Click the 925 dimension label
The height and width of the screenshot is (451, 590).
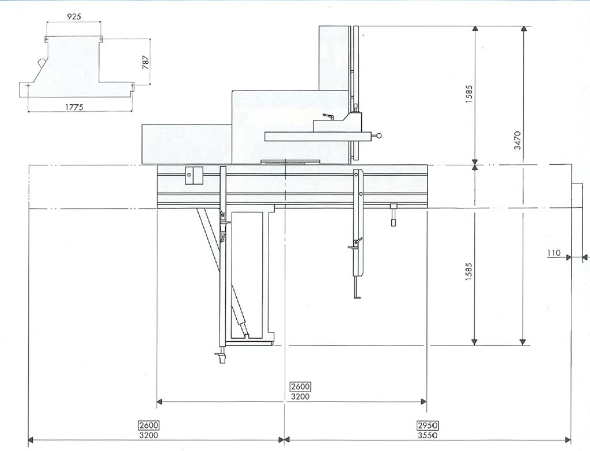click(74, 16)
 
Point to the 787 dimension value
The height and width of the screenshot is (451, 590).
click(146, 62)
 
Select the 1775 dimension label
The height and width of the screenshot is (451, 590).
click(74, 107)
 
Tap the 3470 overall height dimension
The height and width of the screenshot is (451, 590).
click(517, 141)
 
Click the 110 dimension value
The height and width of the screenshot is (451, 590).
click(554, 253)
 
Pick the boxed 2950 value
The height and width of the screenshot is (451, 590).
click(428, 426)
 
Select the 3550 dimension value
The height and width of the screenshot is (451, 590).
click(428, 435)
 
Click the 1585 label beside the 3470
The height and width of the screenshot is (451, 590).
click(469, 95)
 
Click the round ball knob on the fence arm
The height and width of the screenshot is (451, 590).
click(379, 135)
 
